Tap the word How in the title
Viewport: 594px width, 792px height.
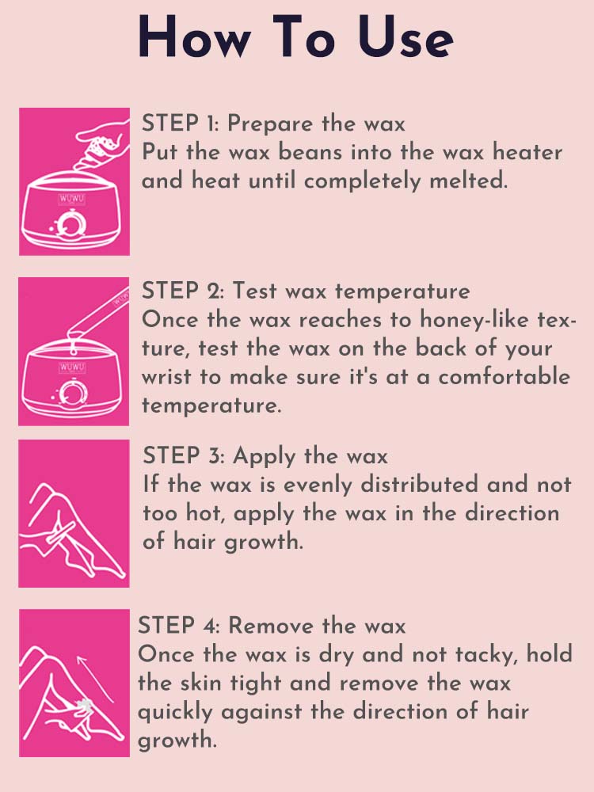pos(194,37)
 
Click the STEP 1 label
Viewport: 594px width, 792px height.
pos(180,124)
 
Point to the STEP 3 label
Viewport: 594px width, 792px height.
pos(184,455)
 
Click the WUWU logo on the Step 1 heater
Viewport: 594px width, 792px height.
pos(72,199)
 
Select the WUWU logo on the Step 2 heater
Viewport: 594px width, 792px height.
pos(72,367)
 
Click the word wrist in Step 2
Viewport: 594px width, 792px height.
pos(166,376)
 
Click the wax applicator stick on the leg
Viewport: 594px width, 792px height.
pos(60,533)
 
